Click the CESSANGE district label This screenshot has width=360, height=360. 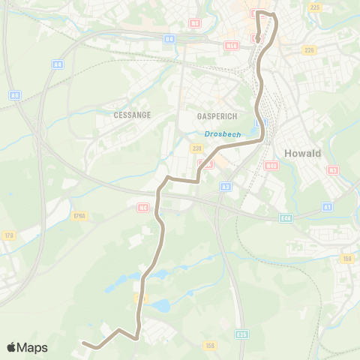click(132, 115)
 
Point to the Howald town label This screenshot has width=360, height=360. click(302, 153)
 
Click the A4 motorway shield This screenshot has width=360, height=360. click(57, 65)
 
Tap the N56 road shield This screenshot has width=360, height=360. click(231, 45)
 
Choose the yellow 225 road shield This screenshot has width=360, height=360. click(314, 7)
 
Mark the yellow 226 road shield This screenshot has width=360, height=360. click(309, 50)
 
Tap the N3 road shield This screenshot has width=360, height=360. click(332, 170)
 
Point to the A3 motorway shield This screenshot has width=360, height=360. click(226, 186)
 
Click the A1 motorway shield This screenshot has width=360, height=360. click(327, 206)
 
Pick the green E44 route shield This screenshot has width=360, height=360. click(286, 217)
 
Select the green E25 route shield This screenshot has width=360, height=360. click(241, 334)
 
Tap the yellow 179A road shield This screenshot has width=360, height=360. click(9, 235)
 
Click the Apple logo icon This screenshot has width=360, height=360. click(11, 347)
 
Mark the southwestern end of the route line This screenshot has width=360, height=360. click(83, 343)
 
